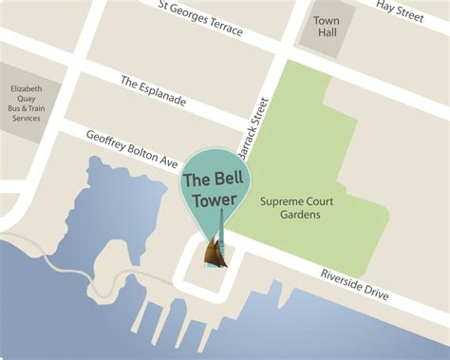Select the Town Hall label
pos(327,27)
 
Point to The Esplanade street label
pos(155,91)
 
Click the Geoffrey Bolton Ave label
pos(132,147)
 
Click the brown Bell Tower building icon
pos(216,251)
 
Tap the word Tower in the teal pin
pos(217,199)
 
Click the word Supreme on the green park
pos(280,201)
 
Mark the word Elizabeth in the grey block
pos(27,88)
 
